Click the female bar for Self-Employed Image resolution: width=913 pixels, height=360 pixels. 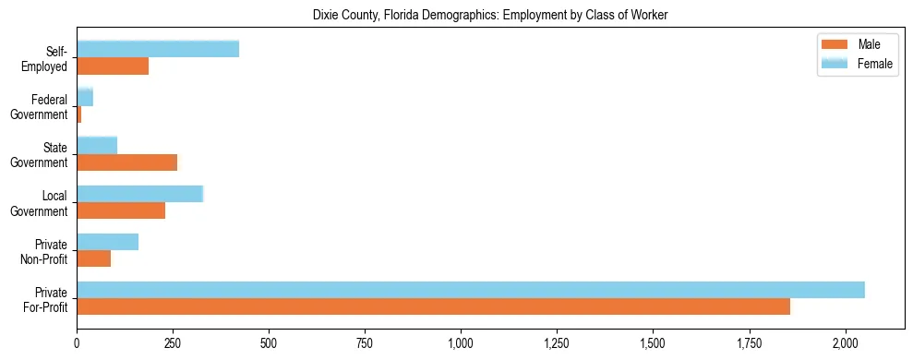click(x=158, y=49)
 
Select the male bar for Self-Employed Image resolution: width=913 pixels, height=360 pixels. click(x=113, y=66)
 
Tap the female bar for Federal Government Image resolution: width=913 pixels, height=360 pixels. click(x=85, y=97)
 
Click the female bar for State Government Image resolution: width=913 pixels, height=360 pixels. click(x=97, y=145)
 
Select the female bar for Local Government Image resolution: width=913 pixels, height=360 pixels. click(x=139, y=193)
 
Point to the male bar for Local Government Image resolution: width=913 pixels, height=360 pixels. click(x=121, y=210)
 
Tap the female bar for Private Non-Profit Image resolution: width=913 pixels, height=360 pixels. click(x=107, y=242)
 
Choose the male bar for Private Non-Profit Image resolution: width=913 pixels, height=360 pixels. click(x=93, y=258)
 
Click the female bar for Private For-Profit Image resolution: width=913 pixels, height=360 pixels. click(x=471, y=290)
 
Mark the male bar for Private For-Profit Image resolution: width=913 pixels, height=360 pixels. click(x=433, y=306)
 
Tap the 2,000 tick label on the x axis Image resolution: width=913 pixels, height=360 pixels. click(x=845, y=342)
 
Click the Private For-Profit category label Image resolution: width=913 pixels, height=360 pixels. click(x=45, y=298)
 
